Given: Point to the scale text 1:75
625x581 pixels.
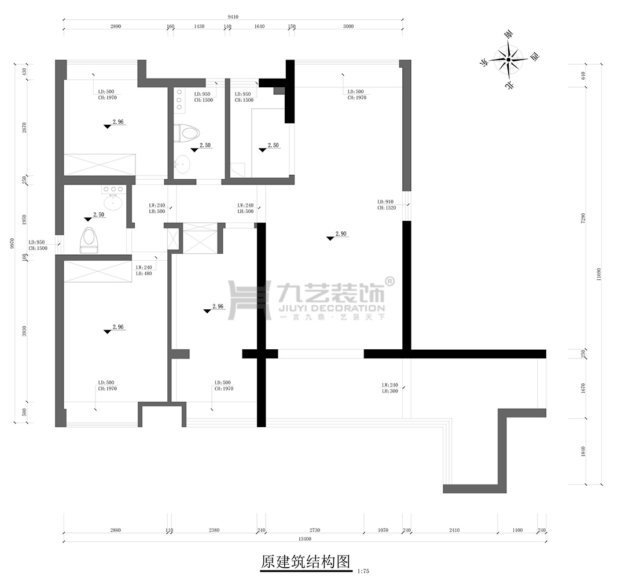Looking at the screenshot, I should coord(363,571).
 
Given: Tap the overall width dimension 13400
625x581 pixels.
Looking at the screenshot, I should coord(305,539).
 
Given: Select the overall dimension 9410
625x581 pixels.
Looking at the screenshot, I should coord(233,17).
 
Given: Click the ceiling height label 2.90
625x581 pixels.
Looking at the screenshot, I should coord(341,234).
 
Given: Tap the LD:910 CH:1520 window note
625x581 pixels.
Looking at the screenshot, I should coord(387,204).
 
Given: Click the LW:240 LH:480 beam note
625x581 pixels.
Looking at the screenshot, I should coord(145,271).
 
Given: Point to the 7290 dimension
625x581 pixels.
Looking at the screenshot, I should coord(583,218).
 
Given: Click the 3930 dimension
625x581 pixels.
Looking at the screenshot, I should coord(24,331).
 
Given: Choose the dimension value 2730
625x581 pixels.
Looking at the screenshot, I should coord(314,530).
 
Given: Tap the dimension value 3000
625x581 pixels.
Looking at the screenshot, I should coord(348,27).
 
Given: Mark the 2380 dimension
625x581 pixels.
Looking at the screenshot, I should coord(214,530).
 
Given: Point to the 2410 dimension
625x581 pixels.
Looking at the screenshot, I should coord(454,530).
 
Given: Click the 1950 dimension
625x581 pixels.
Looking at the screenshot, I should coord(24,220).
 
